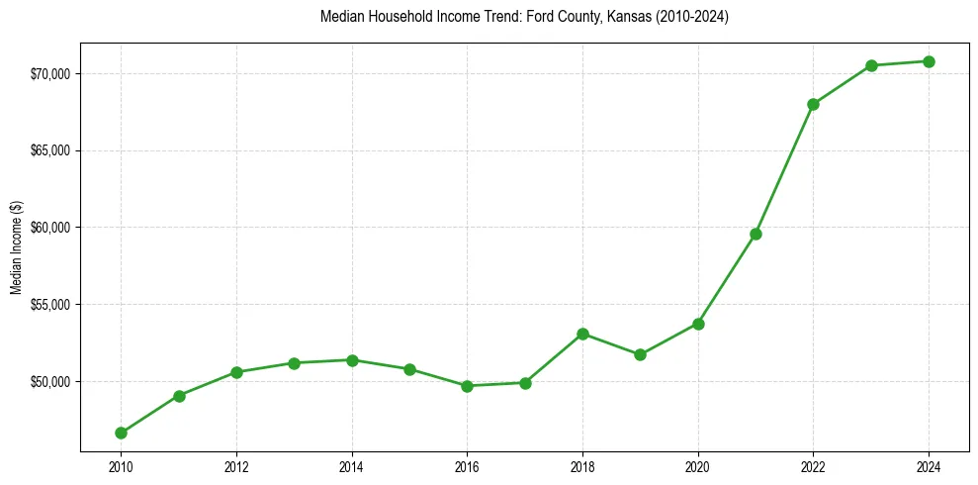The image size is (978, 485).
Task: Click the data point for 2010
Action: tap(121, 433)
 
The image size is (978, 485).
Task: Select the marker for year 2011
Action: tap(179, 396)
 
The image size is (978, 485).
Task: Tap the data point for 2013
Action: tap(294, 363)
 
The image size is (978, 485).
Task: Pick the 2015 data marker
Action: tap(409, 369)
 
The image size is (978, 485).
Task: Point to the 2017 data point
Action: tap(525, 383)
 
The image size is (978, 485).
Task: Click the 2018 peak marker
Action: tap(582, 334)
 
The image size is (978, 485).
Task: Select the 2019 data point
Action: tap(640, 354)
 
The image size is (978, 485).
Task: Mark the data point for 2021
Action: tap(756, 234)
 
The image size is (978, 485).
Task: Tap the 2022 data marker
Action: tap(813, 104)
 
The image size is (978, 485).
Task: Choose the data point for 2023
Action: tap(871, 65)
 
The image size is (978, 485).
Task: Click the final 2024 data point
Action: tap(929, 61)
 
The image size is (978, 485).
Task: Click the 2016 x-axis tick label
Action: tap(467, 464)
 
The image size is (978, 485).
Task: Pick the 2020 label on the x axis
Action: tap(698, 464)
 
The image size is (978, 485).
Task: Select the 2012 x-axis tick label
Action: tap(236, 464)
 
